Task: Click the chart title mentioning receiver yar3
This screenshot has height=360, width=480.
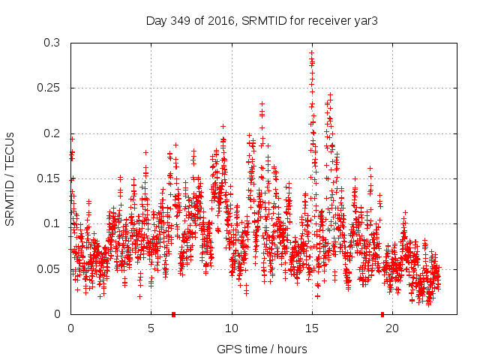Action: tap(261, 21)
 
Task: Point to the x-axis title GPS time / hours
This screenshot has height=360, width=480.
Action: tap(262, 349)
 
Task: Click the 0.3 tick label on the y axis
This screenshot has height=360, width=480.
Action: tap(52, 43)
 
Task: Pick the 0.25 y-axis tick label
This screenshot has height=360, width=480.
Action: tap(49, 88)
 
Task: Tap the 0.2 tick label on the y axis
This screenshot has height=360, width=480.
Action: tap(52, 133)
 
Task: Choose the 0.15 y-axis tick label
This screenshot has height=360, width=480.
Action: tap(49, 178)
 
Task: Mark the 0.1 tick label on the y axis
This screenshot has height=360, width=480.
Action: tap(52, 223)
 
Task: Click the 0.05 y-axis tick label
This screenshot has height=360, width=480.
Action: tap(49, 268)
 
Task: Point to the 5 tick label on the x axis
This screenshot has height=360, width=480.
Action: tap(151, 328)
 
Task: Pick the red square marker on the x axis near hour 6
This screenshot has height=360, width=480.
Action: tap(173, 314)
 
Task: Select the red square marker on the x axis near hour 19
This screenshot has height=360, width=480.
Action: tap(382, 314)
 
